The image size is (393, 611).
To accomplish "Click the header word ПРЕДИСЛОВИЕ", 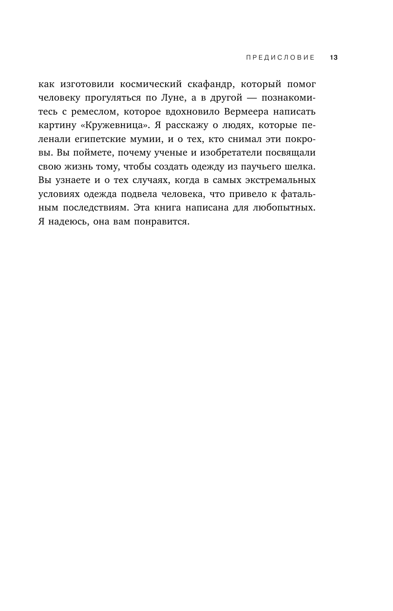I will tap(274, 58).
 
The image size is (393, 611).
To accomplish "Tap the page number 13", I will tap(333, 58).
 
